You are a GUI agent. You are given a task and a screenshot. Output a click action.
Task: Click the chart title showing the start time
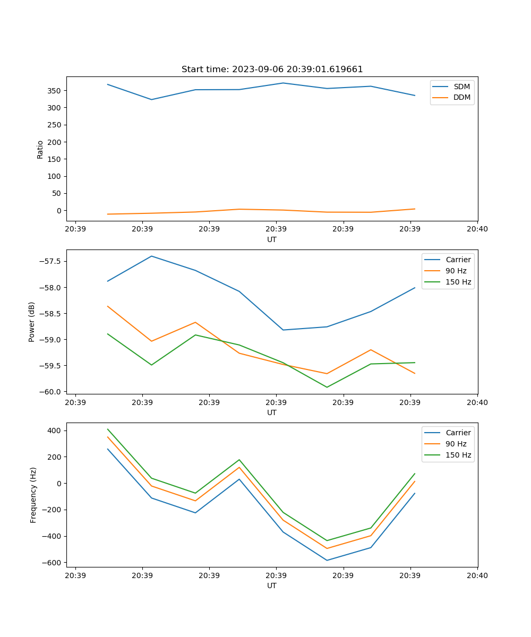(272, 70)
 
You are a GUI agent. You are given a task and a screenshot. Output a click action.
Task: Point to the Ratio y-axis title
(40, 149)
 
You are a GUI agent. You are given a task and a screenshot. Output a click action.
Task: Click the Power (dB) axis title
(32, 322)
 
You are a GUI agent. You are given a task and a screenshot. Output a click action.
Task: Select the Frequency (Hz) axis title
(33, 495)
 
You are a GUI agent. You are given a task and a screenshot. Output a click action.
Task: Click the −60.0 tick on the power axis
(51, 392)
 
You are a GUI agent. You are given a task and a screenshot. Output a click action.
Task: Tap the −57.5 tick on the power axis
(51, 262)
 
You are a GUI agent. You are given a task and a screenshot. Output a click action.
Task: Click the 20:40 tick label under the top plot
(477, 229)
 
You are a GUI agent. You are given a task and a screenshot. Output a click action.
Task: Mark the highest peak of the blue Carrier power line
(152, 256)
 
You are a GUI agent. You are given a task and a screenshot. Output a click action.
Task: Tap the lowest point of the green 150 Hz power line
(327, 387)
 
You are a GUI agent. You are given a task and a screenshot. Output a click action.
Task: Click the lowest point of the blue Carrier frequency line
(327, 560)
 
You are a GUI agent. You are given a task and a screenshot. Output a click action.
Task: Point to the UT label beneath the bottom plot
(272, 586)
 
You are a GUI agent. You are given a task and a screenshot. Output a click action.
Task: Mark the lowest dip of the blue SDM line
(152, 99)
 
